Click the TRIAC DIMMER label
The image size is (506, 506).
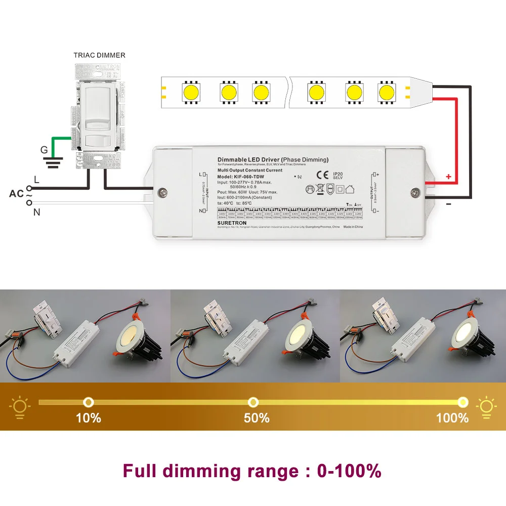pyautogui.click(x=99, y=55)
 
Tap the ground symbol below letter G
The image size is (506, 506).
pyautogui.click(x=53, y=161)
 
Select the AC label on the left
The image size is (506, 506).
pyautogui.click(x=16, y=194)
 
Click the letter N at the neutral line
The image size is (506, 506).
pyautogui.click(x=36, y=213)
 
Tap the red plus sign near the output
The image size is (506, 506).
pyautogui.click(x=448, y=177)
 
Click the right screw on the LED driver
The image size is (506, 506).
pyautogui.click(x=415, y=192)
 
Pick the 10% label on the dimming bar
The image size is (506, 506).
pyautogui.click(x=89, y=418)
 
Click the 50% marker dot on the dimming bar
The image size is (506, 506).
pyautogui.click(x=252, y=402)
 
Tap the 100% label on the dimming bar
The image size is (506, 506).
pyautogui.click(x=452, y=418)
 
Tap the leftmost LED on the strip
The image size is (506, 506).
pyautogui.click(x=191, y=92)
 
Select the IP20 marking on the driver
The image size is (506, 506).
pyautogui.click(x=338, y=173)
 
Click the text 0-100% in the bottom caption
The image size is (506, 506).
pyautogui.click(x=349, y=471)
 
